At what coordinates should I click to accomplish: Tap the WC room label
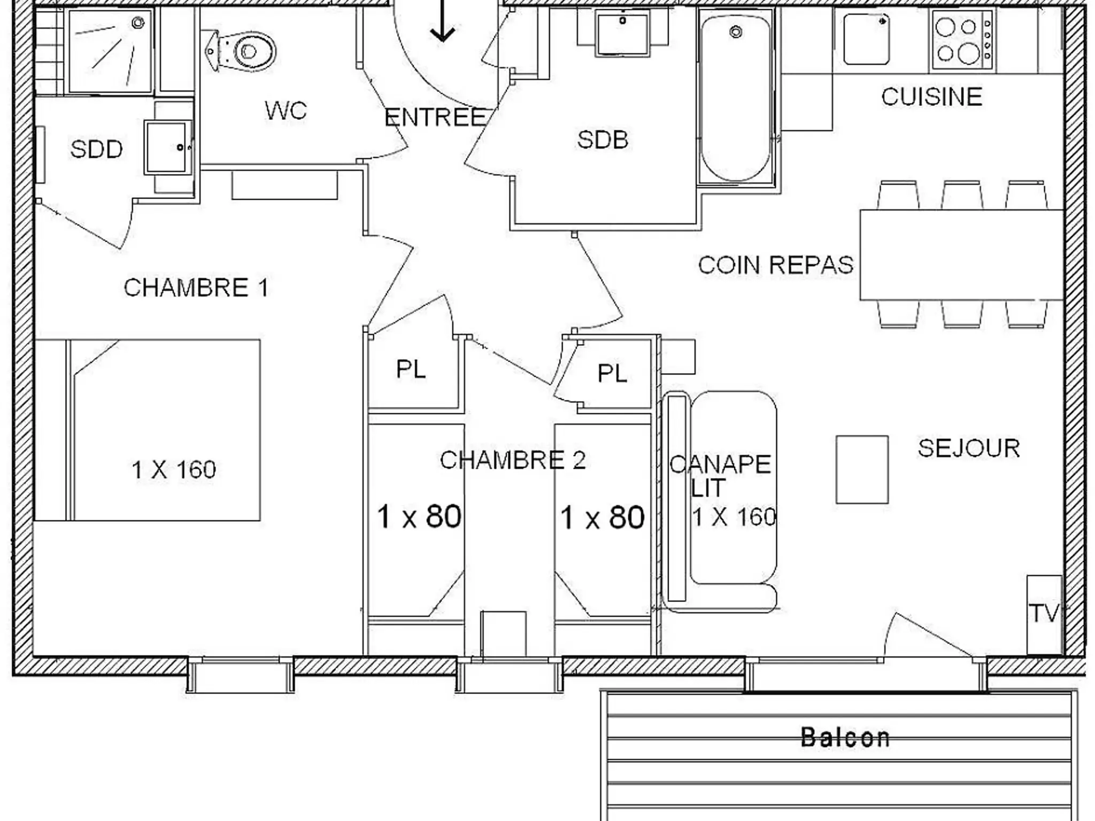point(286,111)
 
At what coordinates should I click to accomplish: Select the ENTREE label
point(435,117)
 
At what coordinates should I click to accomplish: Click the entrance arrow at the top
point(443,21)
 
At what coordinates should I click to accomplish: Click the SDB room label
point(603,140)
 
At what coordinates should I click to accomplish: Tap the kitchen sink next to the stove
point(867,38)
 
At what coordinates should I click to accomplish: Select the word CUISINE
point(932,97)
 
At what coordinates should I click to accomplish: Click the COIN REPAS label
point(776,265)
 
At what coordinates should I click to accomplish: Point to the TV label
point(1043,613)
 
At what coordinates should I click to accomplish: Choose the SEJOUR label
point(969,448)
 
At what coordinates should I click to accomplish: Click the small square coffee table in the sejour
point(862,469)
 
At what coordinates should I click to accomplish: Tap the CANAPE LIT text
point(720,476)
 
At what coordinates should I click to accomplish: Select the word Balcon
point(845,738)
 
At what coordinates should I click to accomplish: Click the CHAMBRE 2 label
point(513,460)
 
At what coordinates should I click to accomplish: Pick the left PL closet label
point(411,369)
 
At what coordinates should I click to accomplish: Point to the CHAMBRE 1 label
point(196,288)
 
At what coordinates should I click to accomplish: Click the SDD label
point(96,149)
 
